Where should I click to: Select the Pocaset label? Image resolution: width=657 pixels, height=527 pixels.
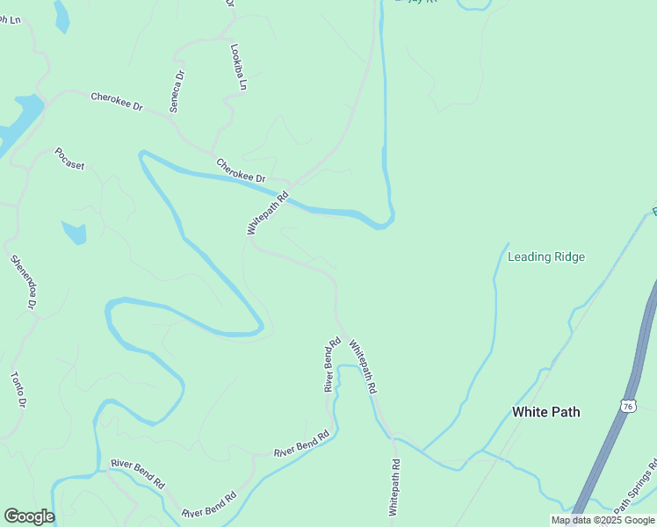(x=69, y=158)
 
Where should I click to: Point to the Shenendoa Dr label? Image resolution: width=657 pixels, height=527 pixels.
(x=23, y=281)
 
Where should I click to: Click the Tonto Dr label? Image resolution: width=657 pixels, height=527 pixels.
(x=18, y=389)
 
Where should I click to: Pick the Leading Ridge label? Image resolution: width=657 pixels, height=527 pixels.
(x=546, y=257)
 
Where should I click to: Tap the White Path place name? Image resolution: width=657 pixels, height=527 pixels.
(x=545, y=412)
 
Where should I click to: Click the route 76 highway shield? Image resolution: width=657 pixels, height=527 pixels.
(x=626, y=405)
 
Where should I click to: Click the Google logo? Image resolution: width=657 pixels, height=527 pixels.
(x=29, y=516)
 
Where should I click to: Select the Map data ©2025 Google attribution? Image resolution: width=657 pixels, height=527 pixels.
(x=603, y=520)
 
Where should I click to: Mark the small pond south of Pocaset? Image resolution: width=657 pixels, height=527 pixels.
(x=75, y=233)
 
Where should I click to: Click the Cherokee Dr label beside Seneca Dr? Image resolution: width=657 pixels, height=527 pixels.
(x=116, y=101)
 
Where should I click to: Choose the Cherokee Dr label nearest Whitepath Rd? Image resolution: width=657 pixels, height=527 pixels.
(x=241, y=170)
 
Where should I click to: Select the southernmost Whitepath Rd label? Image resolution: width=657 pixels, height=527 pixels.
(x=394, y=487)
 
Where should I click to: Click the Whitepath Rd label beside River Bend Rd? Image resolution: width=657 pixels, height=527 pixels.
(x=363, y=365)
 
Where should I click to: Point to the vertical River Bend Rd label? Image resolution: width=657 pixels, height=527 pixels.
(x=331, y=365)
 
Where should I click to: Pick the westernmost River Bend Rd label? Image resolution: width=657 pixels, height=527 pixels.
(x=137, y=473)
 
